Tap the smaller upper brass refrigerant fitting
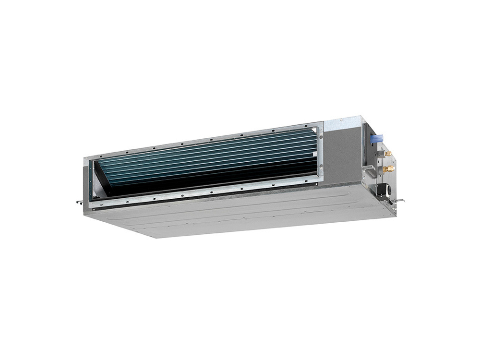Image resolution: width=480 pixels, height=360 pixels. coord(387,154)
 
